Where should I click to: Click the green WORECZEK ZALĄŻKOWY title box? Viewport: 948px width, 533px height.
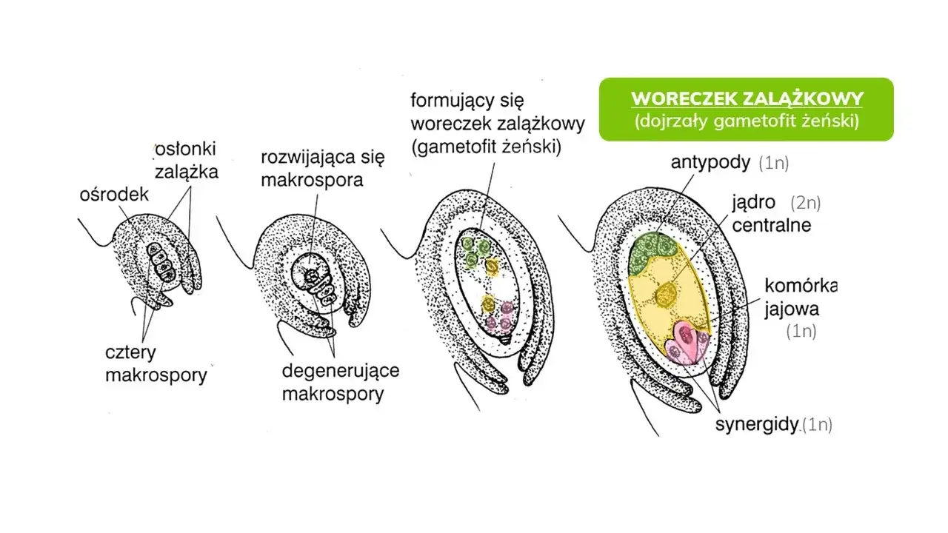[746, 110]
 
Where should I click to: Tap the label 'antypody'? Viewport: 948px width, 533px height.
[711, 162]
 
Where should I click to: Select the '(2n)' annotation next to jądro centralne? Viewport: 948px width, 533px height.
[805, 203]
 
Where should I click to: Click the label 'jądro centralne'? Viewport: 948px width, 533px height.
[770, 213]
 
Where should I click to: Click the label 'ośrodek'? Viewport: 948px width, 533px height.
[114, 194]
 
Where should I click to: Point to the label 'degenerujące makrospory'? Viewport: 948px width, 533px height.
[340, 381]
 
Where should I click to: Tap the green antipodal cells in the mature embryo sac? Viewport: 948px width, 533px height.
[652, 249]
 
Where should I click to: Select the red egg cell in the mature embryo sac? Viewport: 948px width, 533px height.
[688, 337]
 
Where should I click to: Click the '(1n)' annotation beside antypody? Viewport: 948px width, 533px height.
[773, 163]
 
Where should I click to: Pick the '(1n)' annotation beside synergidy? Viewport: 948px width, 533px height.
[818, 425]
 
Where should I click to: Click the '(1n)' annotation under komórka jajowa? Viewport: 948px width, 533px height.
[801, 331]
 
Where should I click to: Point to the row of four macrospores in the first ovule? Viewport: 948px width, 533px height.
[161, 262]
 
